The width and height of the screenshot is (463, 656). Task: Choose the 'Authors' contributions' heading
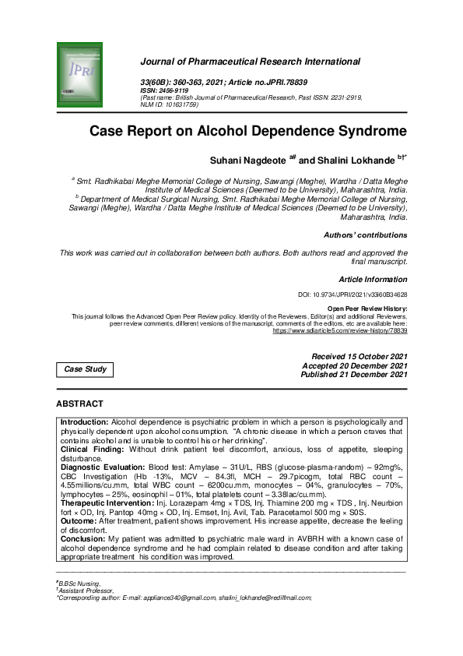pyautogui.click(x=365, y=235)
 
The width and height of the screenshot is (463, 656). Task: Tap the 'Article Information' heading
pyautogui.click(x=373, y=279)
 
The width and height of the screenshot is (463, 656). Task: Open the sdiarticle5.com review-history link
pyautogui.click(x=340, y=330)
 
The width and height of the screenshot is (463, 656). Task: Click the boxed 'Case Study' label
pyautogui.click(x=86, y=369)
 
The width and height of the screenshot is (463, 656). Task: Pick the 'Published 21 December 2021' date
pyautogui.click(x=354, y=375)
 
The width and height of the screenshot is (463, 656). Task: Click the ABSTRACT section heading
pyautogui.click(x=79, y=404)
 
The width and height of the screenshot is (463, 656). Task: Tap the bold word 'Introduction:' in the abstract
pyautogui.click(x=86, y=421)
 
